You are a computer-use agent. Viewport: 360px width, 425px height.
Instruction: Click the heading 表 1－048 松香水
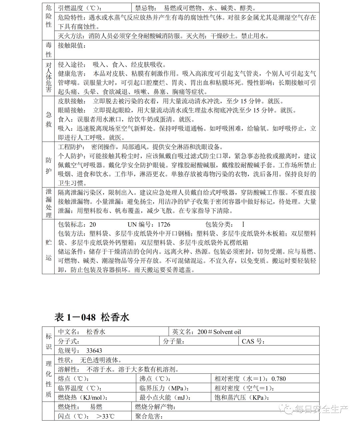(92, 317)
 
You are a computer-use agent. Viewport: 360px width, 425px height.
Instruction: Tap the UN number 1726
(164, 225)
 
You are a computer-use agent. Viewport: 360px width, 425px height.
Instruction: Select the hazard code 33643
(94, 351)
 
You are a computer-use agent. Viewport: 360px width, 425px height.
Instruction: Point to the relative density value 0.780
(279, 379)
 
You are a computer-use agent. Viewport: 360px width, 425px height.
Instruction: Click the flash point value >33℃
(105, 416)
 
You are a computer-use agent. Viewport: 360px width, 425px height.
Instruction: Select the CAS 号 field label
(253, 341)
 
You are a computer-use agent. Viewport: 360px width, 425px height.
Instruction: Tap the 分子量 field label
(174, 341)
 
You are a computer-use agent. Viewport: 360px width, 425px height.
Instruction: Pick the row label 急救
(49, 119)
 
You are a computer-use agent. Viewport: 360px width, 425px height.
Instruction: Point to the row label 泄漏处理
(49, 203)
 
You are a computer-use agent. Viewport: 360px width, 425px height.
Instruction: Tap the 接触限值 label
(72, 45)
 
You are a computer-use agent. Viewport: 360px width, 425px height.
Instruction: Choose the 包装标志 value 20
(93, 225)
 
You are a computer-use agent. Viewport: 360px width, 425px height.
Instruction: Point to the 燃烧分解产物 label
(155, 407)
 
